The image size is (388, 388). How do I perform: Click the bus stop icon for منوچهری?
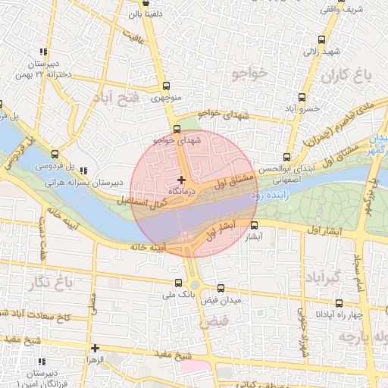pos(166,86)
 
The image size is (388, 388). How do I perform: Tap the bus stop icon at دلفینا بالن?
pos(156,4)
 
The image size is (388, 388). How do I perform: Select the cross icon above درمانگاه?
pos(180,180)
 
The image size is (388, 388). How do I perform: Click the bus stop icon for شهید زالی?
pos(321,40)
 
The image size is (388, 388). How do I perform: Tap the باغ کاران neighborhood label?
pos(349,76)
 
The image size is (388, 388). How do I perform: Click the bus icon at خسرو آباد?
pos(302,97)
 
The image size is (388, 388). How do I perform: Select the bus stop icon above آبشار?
pos(254,225)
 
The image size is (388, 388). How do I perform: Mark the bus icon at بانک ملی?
pos(179,283)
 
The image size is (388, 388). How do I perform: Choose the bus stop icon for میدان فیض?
pos(221,288)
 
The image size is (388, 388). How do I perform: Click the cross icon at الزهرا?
pos(95,349)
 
